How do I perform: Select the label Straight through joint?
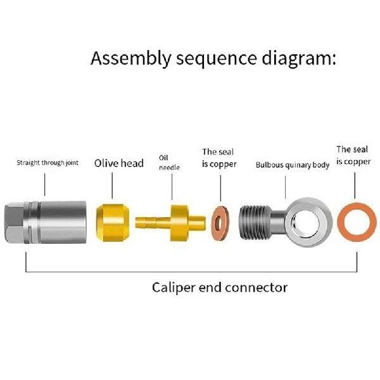click(x=47, y=163)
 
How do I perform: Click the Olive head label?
click(x=119, y=163)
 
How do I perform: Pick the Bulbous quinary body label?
click(x=293, y=165)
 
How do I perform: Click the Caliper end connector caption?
click(x=220, y=288)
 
